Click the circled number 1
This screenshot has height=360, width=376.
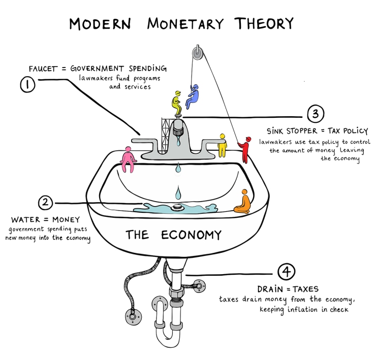tap(27, 84)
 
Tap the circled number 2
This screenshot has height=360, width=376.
tap(45, 203)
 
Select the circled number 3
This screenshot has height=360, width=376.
tap(316, 114)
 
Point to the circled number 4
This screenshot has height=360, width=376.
tap(286, 272)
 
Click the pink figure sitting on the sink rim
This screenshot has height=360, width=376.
tap(129, 159)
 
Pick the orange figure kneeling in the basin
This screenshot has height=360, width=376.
tap(243, 202)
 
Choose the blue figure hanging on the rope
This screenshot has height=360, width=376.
tap(192, 96)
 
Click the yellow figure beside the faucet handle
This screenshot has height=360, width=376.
tap(223, 145)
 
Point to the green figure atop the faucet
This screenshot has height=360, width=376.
tap(177, 103)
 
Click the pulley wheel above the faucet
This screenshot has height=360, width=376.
tap(198, 53)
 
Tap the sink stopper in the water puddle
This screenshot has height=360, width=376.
tap(178, 207)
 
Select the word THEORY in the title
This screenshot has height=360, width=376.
tap(264, 23)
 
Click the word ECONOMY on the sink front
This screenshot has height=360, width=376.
tap(191, 235)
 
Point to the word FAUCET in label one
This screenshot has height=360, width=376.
tap(43, 69)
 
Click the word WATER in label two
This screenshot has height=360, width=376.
tap(25, 219)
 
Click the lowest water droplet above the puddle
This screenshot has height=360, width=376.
tap(178, 192)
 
